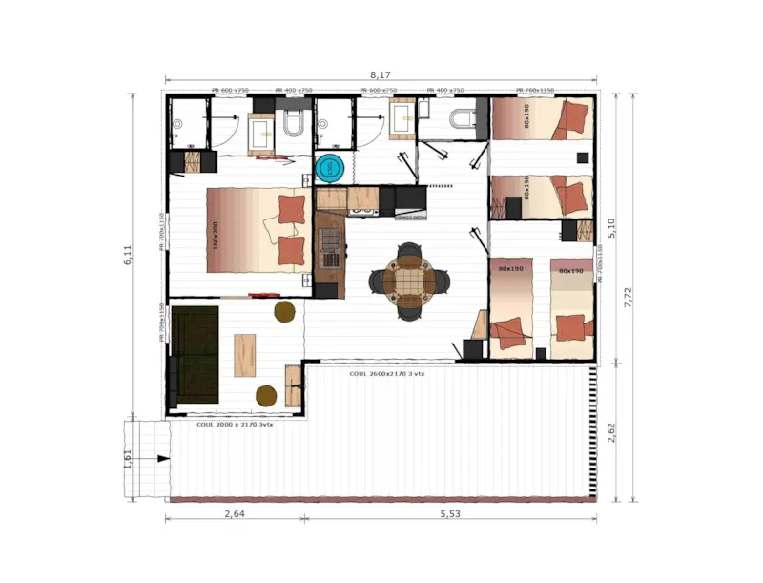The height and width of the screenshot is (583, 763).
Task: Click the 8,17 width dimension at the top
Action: [x=381, y=73]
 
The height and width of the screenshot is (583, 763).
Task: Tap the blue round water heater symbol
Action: [x=329, y=168]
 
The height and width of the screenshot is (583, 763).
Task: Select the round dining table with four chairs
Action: [x=408, y=280]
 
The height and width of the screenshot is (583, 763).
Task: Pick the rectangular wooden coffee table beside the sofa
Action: [x=245, y=354]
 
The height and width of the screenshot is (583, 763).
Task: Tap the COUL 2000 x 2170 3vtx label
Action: [x=235, y=424]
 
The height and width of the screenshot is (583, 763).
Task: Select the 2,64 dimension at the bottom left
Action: [x=234, y=512]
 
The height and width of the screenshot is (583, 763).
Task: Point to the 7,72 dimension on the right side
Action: [x=629, y=297]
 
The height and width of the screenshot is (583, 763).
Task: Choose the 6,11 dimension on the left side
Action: [x=129, y=256]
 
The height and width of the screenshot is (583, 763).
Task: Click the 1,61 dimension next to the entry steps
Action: [x=128, y=459]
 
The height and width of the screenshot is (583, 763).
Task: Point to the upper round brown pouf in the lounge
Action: [x=284, y=311]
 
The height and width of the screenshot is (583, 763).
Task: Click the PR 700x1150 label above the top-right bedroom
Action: [x=534, y=91]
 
